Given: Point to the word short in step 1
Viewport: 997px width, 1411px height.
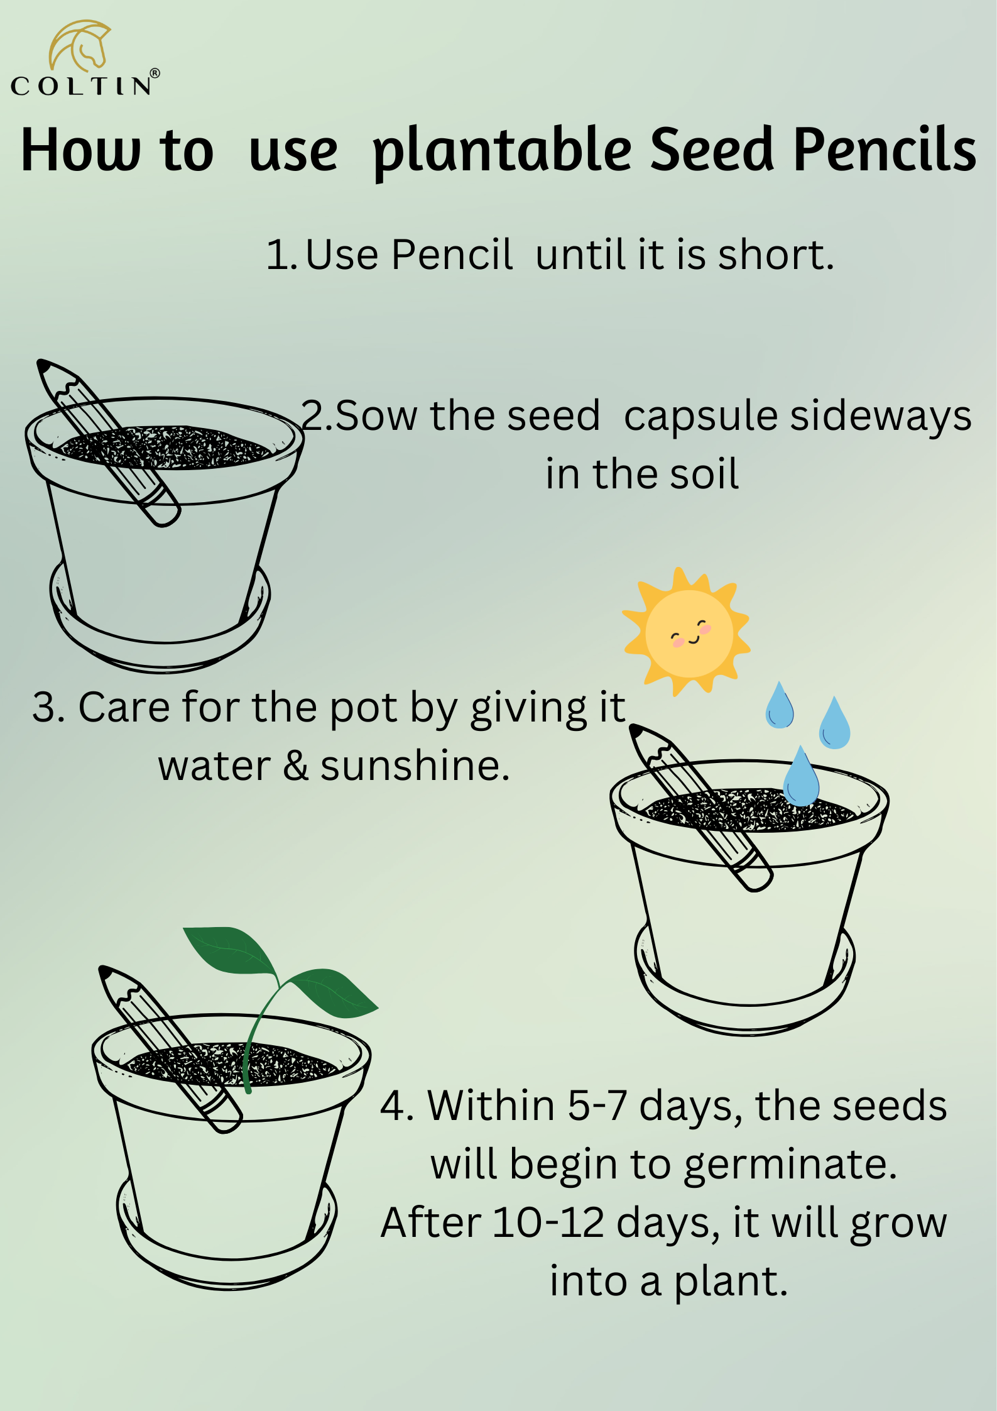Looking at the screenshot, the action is click(776, 255).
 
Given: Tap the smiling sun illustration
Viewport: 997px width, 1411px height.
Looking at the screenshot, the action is click(687, 631).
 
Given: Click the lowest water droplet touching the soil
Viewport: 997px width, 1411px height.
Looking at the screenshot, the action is click(801, 776).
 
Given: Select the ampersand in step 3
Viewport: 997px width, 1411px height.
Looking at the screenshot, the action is click(295, 766).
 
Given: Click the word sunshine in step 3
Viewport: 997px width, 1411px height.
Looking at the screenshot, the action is click(415, 766).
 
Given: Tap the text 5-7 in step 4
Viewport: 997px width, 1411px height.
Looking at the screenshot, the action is click(597, 1106).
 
